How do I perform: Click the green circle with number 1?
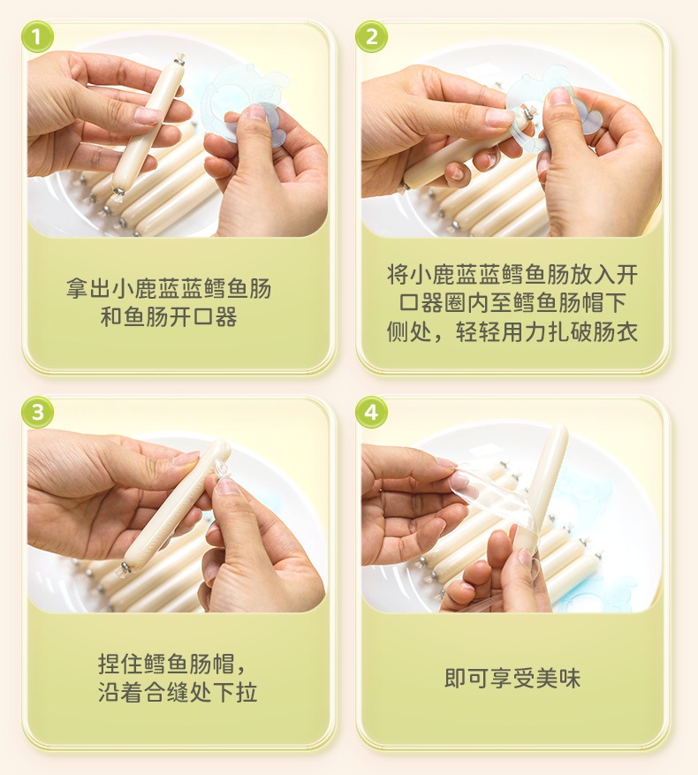[x=38, y=36]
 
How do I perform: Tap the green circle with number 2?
[x=372, y=36]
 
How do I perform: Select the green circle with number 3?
[x=38, y=412]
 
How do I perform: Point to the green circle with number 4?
[x=372, y=412]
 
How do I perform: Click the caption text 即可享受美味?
[x=512, y=678]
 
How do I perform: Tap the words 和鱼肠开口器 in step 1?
[x=169, y=317]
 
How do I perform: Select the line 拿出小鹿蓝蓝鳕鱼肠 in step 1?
[x=169, y=288]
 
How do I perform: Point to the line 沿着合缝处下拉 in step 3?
[x=178, y=692]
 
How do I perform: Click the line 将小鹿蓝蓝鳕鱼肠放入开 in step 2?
[x=512, y=274]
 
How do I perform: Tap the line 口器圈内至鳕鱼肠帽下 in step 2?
[x=512, y=302]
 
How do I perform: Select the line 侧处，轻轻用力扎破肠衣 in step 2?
[x=512, y=331]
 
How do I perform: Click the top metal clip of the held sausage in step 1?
[x=179, y=60]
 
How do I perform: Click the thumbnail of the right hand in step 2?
[x=559, y=96]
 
